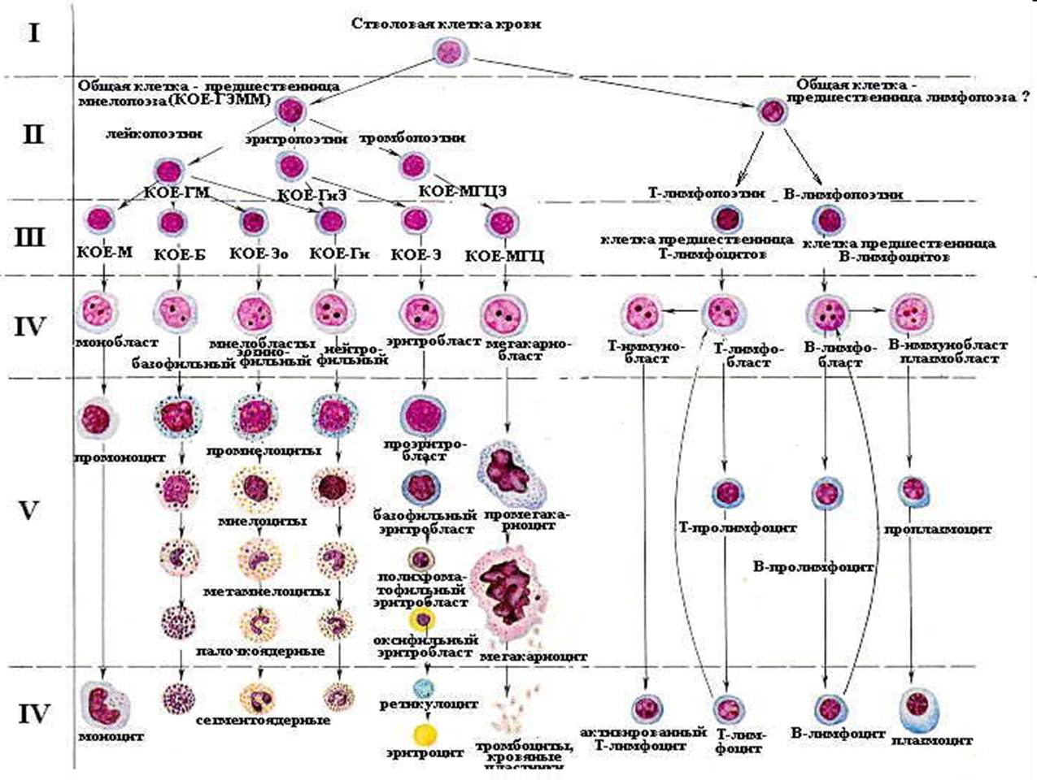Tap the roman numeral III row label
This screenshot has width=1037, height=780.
33,236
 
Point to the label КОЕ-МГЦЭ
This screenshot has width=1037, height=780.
463,192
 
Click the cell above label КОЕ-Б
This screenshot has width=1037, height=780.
172,222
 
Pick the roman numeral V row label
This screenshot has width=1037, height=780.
29,511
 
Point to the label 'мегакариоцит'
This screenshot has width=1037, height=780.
534,656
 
